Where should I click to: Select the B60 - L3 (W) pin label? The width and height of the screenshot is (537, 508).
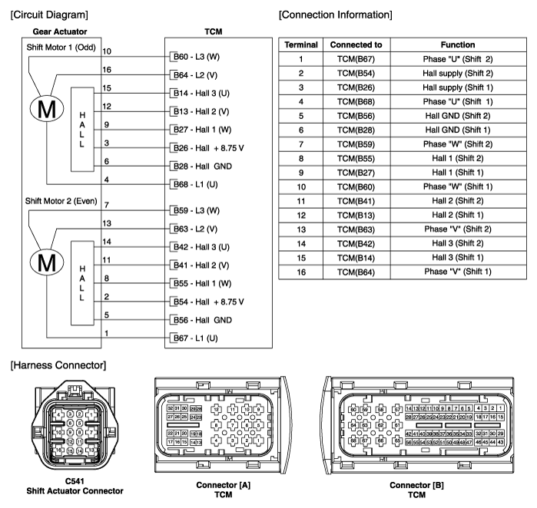pyautogui.click(x=197, y=57)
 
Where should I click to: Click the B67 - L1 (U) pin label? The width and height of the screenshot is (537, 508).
pyautogui.click(x=197, y=338)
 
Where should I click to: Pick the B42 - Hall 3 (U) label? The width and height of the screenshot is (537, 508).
pyautogui.click(x=202, y=247)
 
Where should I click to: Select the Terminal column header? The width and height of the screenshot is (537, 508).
pyautogui.click(x=301, y=45)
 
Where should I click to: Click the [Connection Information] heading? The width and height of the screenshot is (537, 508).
pyautogui.click(x=336, y=14)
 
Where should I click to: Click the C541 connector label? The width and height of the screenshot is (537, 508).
pyautogui.click(x=74, y=482)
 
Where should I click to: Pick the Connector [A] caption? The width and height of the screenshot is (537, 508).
pyautogui.click(x=223, y=485)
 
